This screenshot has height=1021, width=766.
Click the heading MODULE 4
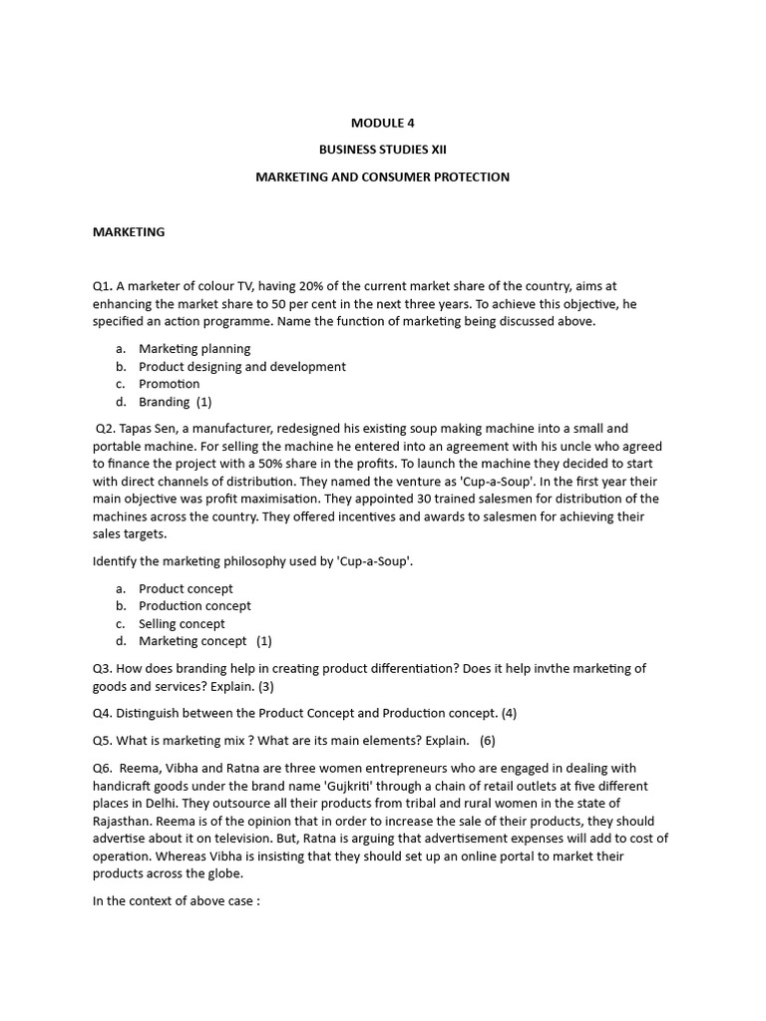point(382,123)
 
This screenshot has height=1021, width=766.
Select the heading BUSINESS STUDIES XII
point(382,150)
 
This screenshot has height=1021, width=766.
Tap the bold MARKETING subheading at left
point(129,232)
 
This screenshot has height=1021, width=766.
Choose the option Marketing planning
point(194,349)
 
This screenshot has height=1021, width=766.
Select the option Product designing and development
point(242,366)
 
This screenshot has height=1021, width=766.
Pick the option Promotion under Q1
point(170,384)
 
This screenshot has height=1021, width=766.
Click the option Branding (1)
point(176,402)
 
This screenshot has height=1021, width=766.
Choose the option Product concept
point(186,588)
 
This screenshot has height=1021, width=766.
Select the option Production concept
point(194,606)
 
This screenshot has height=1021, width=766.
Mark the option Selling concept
point(182,624)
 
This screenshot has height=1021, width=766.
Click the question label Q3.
point(103,668)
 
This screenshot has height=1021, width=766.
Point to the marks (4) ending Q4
point(509,713)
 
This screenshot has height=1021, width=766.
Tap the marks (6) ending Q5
point(487,740)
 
